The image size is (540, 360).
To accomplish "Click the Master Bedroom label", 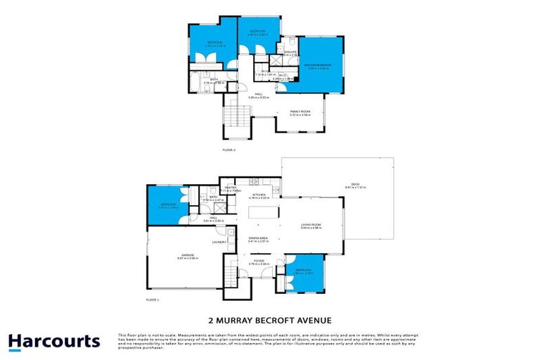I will [317, 65].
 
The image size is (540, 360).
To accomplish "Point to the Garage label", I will [188, 255].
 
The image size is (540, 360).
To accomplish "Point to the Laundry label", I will [219, 243].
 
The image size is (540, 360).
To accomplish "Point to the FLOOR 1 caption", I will [153, 300].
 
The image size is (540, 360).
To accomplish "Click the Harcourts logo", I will [54, 342].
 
